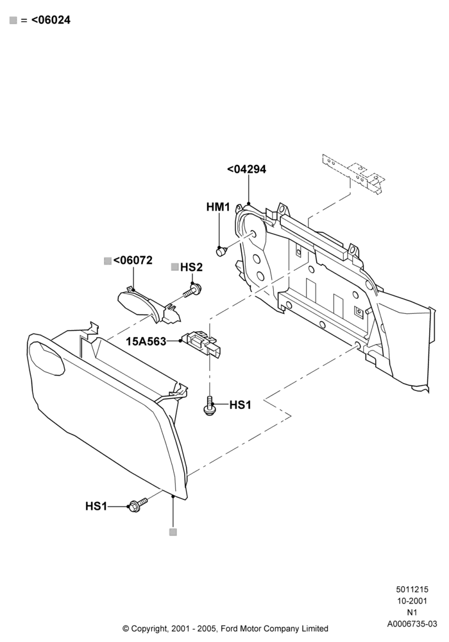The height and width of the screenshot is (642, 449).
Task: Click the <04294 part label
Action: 246,169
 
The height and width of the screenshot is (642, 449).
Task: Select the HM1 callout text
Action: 218,207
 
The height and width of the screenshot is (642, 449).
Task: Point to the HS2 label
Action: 191,267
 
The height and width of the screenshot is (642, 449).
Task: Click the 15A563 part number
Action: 146,341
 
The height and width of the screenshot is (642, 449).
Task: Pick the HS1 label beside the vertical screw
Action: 240,405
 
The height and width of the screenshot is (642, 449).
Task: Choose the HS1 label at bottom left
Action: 96,507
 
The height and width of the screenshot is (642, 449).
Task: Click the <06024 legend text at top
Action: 51,20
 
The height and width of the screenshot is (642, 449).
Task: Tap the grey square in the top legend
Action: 13,21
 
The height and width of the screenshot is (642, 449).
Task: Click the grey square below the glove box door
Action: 173,532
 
